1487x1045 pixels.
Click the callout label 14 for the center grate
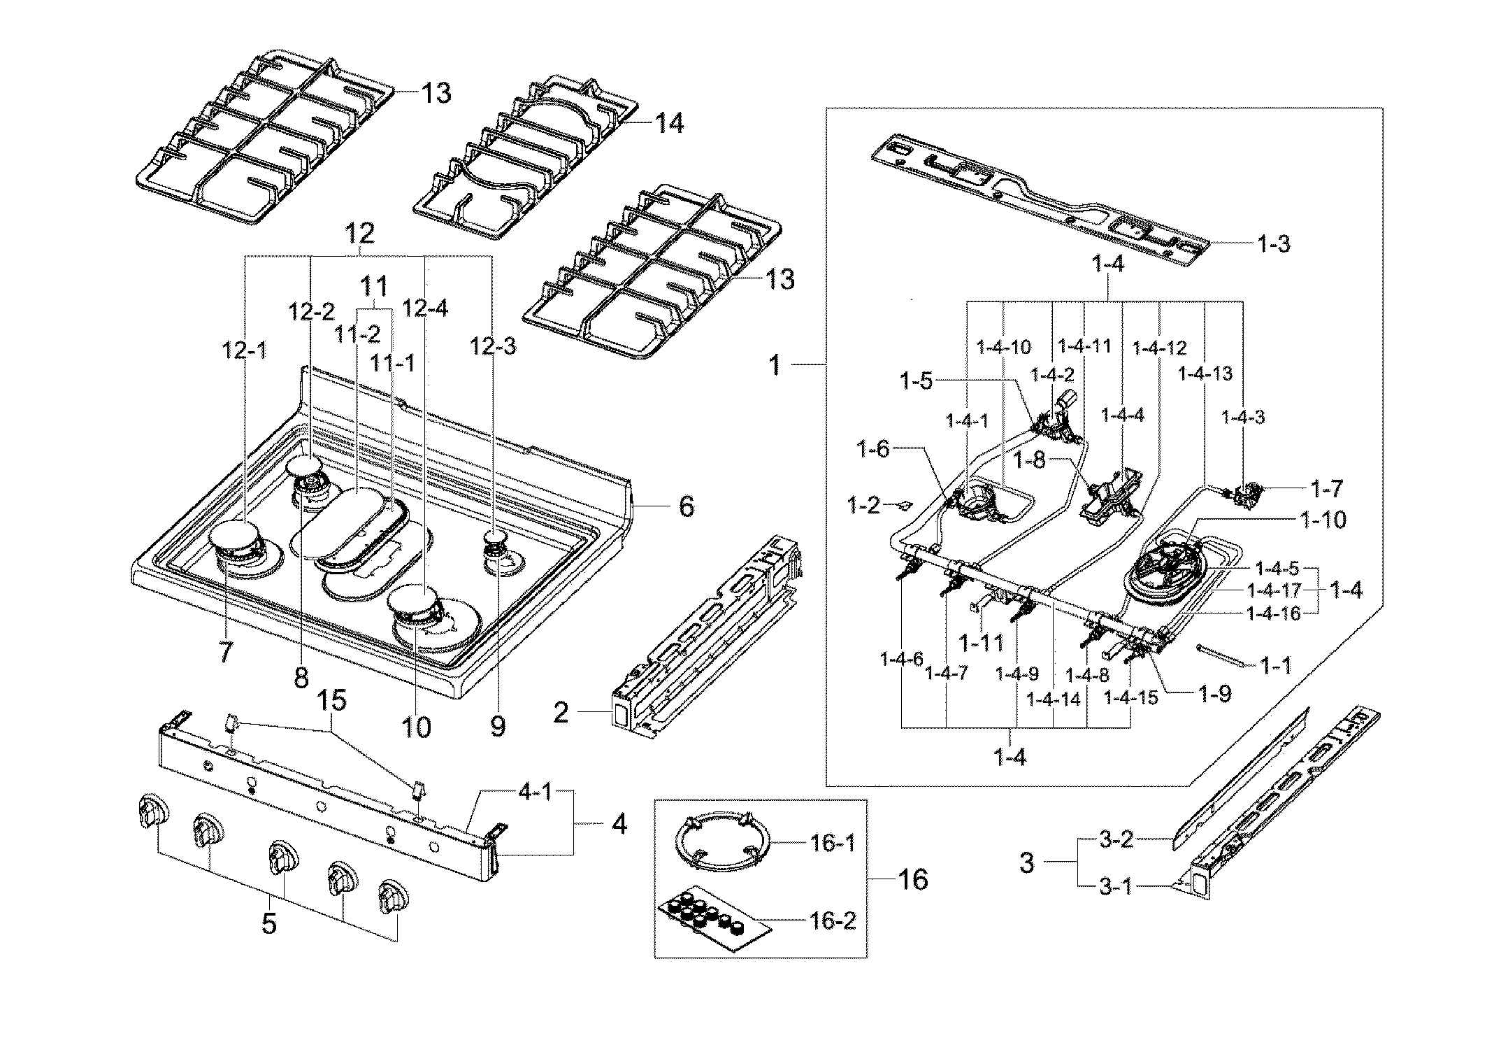coord(669,123)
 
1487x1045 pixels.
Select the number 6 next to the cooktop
coord(686,506)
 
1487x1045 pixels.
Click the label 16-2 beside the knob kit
coord(834,920)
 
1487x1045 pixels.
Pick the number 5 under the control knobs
coord(269,923)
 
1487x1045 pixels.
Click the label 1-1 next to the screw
coord(1275,666)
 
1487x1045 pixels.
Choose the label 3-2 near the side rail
coord(1116,839)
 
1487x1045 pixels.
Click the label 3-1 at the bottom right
coord(1116,887)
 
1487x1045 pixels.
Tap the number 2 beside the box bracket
coord(561,713)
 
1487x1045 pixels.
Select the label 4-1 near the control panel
coord(535,795)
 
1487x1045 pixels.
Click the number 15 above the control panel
coord(334,701)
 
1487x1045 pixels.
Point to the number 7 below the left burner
coord(224,652)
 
